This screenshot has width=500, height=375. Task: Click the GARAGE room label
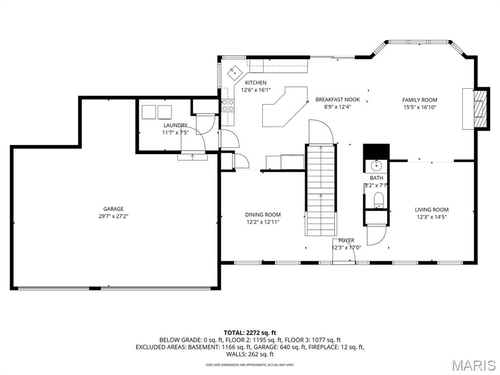pos(113,209)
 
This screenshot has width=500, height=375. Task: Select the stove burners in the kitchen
pos(228,105)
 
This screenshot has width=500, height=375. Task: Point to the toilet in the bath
pos(379,200)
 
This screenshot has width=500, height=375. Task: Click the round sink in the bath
pos(376,166)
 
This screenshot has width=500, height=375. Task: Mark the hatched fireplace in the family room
pos(480,108)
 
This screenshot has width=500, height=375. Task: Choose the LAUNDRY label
pos(175,125)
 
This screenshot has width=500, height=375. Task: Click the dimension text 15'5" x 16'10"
pos(419,107)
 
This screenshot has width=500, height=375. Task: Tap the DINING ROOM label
pos(263,215)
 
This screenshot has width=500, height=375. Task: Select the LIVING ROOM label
pos(432,209)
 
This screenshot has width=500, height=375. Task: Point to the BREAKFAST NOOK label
pos(337,100)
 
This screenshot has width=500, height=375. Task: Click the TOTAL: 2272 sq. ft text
pos(250,333)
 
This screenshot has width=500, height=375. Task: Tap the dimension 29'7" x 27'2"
pos(113,216)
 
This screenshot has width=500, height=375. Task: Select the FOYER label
pos(346,240)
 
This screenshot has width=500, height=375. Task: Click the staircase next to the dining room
pos(321,190)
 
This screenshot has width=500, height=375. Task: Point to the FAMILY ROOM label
pos(419,100)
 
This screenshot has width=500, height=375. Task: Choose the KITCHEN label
pos(255,83)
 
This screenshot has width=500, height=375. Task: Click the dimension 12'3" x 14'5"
pos(432,217)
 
